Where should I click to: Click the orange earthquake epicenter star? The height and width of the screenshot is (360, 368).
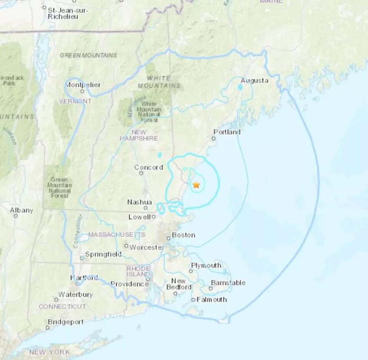click(196, 185)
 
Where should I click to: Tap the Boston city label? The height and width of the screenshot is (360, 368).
click(183, 235)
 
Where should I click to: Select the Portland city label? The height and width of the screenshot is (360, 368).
click(227, 132)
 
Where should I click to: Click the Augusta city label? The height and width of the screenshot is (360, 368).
click(255, 81)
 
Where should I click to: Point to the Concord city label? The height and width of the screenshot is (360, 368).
click(148, 167)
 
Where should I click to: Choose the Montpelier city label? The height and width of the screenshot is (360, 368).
click(83, 85)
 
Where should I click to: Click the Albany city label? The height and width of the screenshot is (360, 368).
click(21, 210)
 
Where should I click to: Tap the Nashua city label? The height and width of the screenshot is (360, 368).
click(140, 202)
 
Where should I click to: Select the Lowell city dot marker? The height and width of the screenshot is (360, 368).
click(153, 216)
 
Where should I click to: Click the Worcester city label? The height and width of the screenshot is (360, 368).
click(147, 248)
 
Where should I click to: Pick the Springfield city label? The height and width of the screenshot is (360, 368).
click(103, 254)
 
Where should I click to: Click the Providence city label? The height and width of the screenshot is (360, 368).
click(130, 284)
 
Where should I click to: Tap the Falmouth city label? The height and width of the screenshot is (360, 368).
click(212, 299)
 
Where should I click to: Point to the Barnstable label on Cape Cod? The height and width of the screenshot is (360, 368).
click(228, 283)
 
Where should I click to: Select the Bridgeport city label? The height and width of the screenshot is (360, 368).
click(66, 322)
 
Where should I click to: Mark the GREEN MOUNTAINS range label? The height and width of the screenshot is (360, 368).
click(88, 55)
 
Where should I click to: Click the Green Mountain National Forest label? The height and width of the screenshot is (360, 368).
click(59, 188)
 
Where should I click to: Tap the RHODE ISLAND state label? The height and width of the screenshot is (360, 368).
click(138, 271)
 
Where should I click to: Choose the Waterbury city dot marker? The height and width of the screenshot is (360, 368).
click(56, 300)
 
